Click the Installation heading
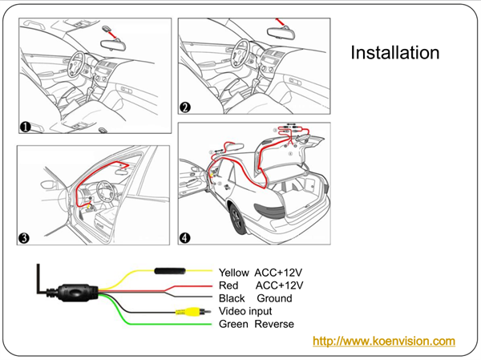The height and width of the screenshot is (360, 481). coord(395,53)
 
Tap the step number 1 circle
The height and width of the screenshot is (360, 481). coord(26,126)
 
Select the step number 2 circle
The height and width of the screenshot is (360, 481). coord(185,107)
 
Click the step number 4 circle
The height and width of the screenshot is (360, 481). coord(185,237)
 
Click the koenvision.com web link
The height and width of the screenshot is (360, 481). coord(383,342)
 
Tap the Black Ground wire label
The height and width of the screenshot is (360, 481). coord(255,298)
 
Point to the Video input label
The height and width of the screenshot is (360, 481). coord(245,311)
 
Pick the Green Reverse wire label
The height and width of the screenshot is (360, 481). coord(256,324)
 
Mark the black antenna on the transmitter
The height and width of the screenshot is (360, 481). coord(38,277)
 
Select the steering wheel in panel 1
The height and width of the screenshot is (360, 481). coord(81,63)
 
